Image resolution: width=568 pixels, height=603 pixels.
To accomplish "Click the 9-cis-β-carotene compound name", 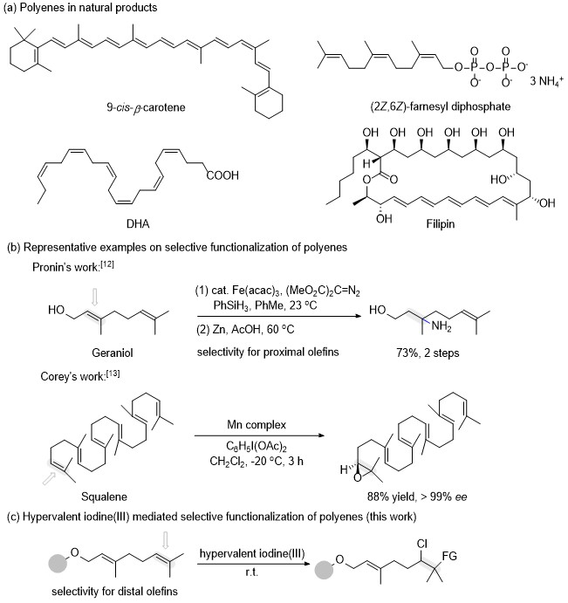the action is tap(146, 107).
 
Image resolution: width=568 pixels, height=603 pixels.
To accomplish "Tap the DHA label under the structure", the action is tap(138, 223).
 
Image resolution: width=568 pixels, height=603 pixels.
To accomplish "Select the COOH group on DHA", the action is tap(222, 175).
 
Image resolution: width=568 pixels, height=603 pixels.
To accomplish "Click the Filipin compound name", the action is tap(441, 223).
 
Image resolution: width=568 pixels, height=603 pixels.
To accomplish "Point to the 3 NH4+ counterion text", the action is tap(546, 81).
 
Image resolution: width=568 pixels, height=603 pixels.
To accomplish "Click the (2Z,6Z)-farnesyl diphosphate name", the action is tap(441, 106).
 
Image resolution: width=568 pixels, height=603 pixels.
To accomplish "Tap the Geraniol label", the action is tap(113, 353).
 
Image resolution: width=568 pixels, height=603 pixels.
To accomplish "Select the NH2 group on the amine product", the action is tap(441, 326).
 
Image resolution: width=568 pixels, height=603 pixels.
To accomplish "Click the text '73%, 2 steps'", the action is tap(428, 353).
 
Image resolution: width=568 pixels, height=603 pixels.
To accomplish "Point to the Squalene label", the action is tap(104, 497).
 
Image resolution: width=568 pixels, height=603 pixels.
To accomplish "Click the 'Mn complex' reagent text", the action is tap(257, 425).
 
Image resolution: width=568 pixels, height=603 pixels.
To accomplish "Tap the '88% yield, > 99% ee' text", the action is tap(417, 497).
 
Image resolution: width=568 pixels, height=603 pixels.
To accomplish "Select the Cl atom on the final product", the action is tap(422, 544).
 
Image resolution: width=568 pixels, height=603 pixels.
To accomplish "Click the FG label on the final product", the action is tap(449, 556).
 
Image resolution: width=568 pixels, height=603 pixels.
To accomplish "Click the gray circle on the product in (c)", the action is tap(324, 570).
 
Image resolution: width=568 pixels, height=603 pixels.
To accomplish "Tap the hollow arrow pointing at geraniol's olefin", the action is tap(94, 298).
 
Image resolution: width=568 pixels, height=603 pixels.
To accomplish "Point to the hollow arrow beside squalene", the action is tap(49, 479).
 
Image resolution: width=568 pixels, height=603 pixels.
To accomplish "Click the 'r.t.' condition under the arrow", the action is tap(251, 572).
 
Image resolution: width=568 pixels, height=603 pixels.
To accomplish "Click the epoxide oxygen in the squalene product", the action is tap(358, 477).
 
